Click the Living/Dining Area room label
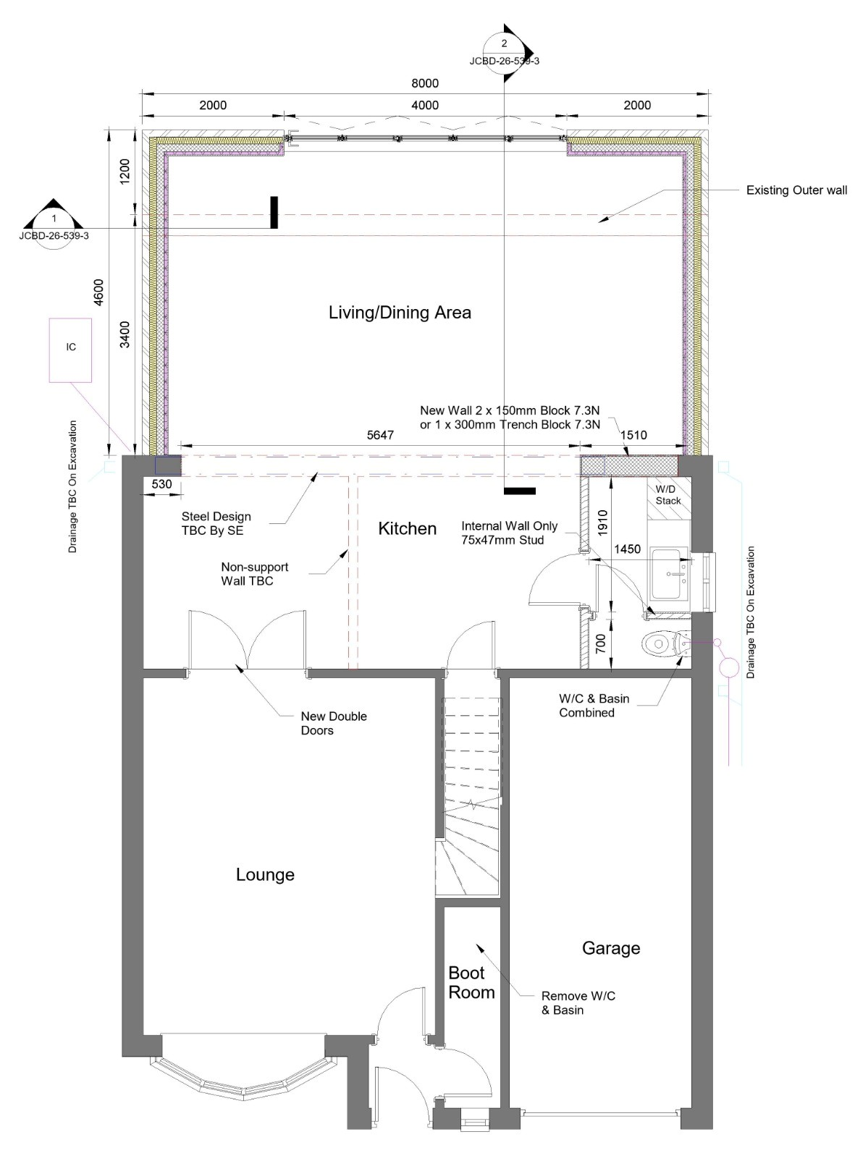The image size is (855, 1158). [x=400, y=313]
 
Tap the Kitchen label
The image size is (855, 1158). [x=407, y=528]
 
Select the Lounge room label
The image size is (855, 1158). [x=265, y=874]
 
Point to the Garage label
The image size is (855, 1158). [x=611, y=947]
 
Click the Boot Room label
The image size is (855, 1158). [x=471, y=982]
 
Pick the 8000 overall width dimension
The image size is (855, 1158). [x=425, y=83]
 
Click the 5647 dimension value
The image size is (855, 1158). [x=379, y=435]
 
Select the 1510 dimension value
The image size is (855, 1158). [x=633, y=435]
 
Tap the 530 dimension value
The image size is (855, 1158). [x=161, y=484]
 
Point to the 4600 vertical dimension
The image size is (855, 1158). [x=98, y=293]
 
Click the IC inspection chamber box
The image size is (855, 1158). [x=70, y=350]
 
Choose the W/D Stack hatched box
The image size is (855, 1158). [x=668, y=498]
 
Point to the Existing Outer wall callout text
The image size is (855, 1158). [x=796, y=190]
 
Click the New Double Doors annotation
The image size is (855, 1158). [x=333, y=723]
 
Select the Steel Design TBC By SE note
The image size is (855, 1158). [x=216, y=523]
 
